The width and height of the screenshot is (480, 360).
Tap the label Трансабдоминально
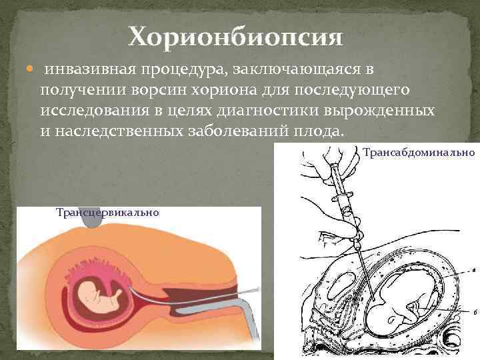[x=419, y=153]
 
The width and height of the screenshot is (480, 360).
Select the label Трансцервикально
[x=107, y=213]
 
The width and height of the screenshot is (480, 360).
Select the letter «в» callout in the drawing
[x=472, y=270]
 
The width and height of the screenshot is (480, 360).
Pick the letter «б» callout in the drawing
[x=473, y=312]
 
